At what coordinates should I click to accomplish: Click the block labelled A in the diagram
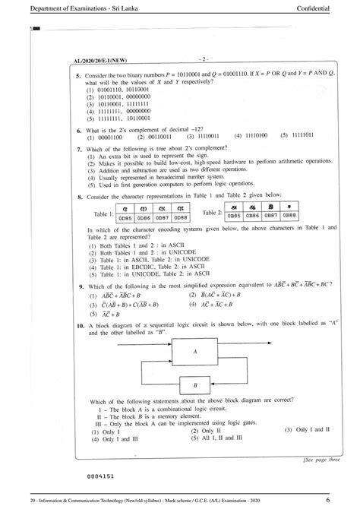194,353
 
